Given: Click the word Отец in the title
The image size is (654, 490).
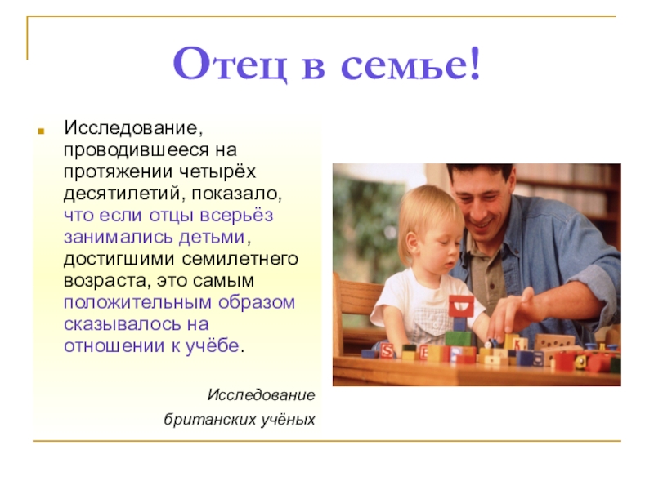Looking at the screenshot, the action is tap(231, 65).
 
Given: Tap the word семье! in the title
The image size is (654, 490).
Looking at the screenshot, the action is tap(411, 64).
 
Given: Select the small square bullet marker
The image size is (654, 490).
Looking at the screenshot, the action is tap(41, 131).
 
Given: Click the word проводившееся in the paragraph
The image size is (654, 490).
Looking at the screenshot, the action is tap(136, 150).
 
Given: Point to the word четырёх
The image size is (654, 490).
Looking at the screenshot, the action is tap(217, 171).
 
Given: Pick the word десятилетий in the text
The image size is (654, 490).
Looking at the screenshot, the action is tap(124, 194).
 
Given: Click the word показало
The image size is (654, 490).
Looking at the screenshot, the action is tap(237, 194).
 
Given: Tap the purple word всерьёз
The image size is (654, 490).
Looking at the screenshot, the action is tap(236, 216).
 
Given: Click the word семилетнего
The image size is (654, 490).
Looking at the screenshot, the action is tap(240, 259).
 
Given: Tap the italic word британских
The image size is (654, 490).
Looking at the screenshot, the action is tap(210, 419).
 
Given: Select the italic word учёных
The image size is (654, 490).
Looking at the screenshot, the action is tap(289, 419).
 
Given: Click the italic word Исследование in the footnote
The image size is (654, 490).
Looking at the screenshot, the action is tap(261, 394).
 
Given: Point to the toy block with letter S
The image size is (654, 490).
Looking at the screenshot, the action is tap(386, 351).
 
